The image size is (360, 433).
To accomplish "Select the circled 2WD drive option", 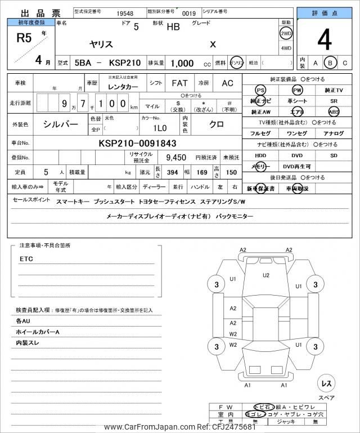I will tap(286, 33).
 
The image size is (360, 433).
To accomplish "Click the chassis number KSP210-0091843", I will tap(137, 143).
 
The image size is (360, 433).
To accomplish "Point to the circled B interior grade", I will tap(331, 63).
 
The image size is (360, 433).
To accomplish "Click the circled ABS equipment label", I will tap(334, 111).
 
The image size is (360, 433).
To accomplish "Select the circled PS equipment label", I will tap(260, 90).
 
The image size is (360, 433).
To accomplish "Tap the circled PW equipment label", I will tap(297, 90).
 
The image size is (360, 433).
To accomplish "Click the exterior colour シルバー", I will tap(60, 123).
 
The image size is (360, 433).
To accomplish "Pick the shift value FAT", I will tap(179, 83).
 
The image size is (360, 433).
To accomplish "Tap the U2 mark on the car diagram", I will tap(266, 275).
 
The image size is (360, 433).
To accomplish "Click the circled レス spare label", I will tap(326, 383).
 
